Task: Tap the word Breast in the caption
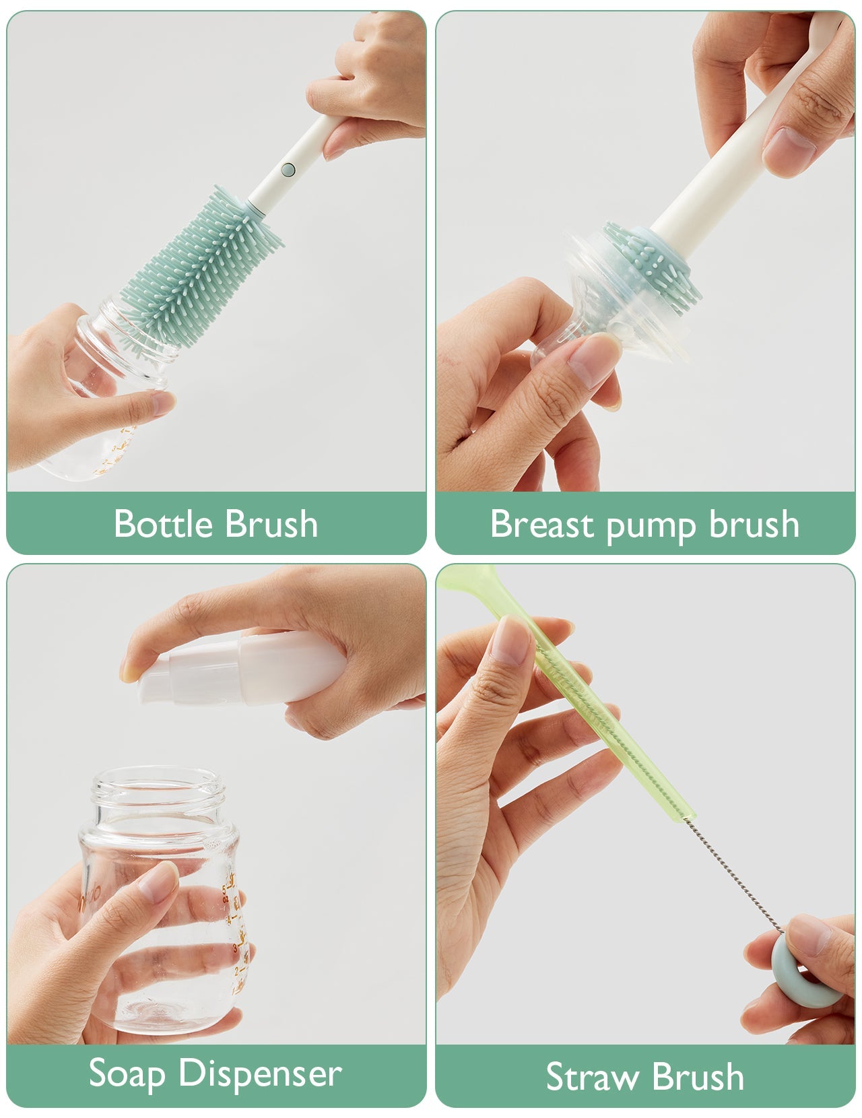pos(541,523)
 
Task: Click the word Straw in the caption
pos(590,1076)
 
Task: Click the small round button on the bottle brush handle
pos(288,169)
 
